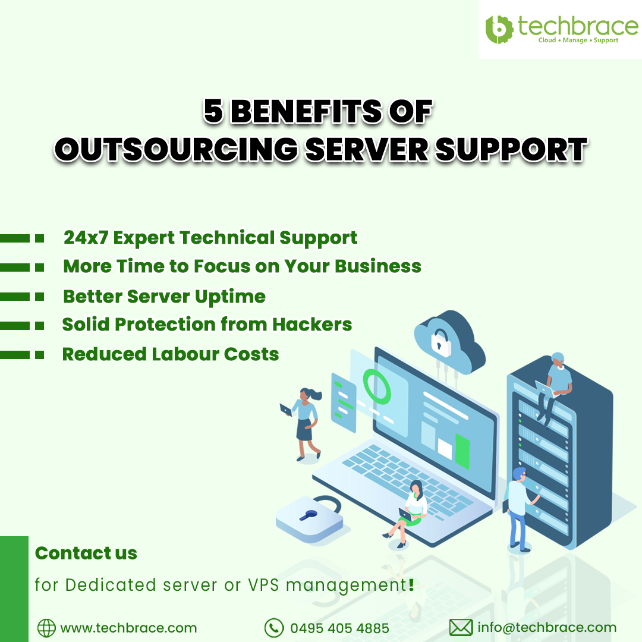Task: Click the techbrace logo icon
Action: pos(499,29)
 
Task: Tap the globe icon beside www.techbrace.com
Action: pos(46,628)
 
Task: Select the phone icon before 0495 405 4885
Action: pos(273,628)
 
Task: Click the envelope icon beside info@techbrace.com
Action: pos(460,628)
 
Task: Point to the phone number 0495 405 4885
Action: pos(339,628)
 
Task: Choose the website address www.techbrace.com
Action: pos(128,628)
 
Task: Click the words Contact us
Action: pos(86,553)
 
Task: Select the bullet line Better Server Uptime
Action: pos(164,296)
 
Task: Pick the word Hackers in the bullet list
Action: pos(312,325)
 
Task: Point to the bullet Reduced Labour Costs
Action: pos(171,354)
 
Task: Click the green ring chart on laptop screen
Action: pos(377,386)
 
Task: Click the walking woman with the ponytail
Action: pos(304,422)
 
